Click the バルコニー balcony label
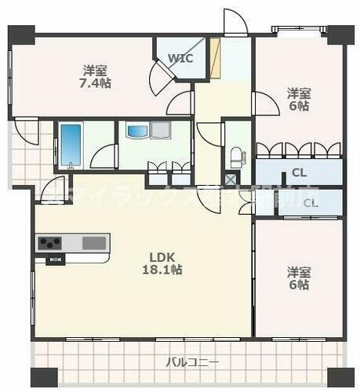pyautogui.click(x=192, y=362)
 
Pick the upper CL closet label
pyautogui.click(x=299, y=172)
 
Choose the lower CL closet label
pyautogui.click(x=311, y=202)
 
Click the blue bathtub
pyautogui.click(x=71, y=146)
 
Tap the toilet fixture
pyautogui.click(x=235, y=154)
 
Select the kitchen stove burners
pyautogui.click(x=51, y=241)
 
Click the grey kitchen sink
pyautogui.click(x=94, y=241)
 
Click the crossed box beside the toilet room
pyautogui.click(x=230, y=179)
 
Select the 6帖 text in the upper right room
pyautogui.click(x=298, y=105)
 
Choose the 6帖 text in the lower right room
pyautogui.click(x=298, y=285)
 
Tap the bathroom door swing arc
pyautogui.click(x=103, y=157)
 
